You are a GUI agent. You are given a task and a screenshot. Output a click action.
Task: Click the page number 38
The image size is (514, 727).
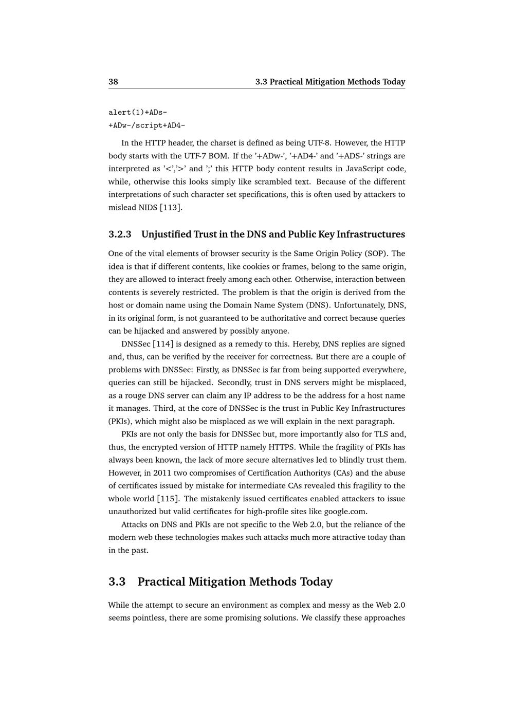pos(113,82)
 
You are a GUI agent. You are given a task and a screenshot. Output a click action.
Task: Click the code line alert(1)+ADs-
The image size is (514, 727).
pos(138,113)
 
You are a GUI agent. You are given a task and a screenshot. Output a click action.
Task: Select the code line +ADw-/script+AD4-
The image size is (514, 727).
pos(147,125)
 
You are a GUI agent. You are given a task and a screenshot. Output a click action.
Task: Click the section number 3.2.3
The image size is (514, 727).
pos(120,234)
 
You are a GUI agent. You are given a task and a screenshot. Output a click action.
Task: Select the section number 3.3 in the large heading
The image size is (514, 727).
pos(117,581)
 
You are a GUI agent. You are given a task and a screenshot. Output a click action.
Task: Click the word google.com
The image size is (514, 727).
pos(350,512)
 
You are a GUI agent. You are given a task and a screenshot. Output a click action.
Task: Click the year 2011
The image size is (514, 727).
pos(162,473)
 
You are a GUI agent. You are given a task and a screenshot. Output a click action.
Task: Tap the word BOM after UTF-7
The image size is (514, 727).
pos(210,156)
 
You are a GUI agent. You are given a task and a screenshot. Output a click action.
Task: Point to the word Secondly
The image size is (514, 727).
pos(233,383)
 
